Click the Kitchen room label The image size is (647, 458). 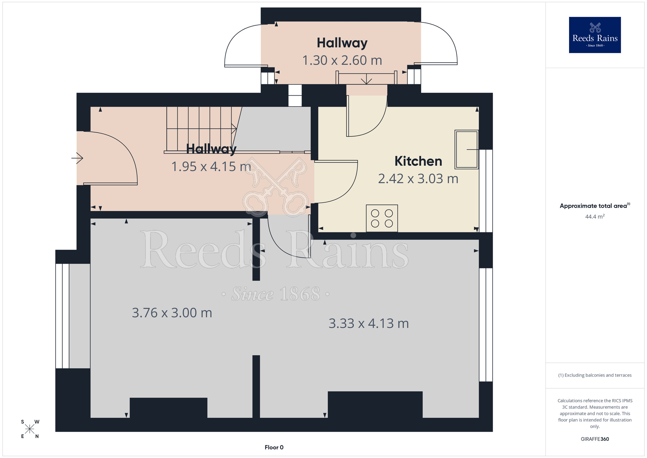418,161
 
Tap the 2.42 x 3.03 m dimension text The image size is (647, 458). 418,179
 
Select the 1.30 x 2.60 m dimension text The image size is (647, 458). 342,60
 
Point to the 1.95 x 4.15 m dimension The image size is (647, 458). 211,166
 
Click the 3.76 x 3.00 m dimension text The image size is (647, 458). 172,313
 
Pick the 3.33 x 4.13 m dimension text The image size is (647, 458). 369,323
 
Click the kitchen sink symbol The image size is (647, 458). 466,149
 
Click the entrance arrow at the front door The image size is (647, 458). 77,158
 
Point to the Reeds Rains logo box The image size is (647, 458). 595,35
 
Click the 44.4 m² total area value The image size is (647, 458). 595,216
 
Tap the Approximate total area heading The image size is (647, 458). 595,206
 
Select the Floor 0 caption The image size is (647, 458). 274,447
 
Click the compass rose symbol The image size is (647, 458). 30,429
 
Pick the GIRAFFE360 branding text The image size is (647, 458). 595,439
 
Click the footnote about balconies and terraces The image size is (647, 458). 595,375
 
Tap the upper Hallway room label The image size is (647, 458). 342,43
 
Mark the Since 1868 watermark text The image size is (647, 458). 276,294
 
